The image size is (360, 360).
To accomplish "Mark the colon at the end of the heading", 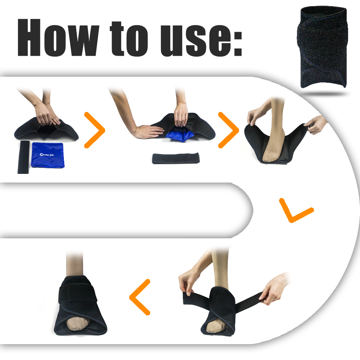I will coord(238,45).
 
